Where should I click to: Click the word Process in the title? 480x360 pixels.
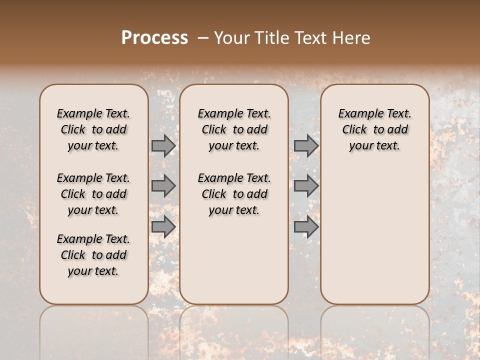[x=154, y=38]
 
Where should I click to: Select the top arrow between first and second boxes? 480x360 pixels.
[x=163, y=146]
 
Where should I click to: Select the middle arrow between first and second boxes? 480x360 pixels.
[x=163, y=186]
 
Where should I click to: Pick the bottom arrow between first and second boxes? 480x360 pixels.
[x=163, y=226]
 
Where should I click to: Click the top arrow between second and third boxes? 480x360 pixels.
[x=305, y=146]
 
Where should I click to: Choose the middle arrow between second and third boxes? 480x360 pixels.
[x=305, y=186]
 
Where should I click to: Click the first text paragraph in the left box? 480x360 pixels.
[x=93, y=129]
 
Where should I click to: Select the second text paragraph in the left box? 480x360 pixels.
[x=93, y=194]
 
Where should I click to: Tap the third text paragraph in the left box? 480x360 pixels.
[x=93, y=255]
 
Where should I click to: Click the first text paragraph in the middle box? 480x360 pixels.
[x=234, y=129]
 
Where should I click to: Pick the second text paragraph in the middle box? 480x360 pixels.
[x=234, y=194]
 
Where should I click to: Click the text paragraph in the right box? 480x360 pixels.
[x=374, y=129]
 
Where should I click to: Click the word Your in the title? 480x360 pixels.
[x=232, y=38]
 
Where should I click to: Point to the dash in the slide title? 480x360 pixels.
[x=203, y=38]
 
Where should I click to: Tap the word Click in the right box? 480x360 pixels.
[x=354, y=130]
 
